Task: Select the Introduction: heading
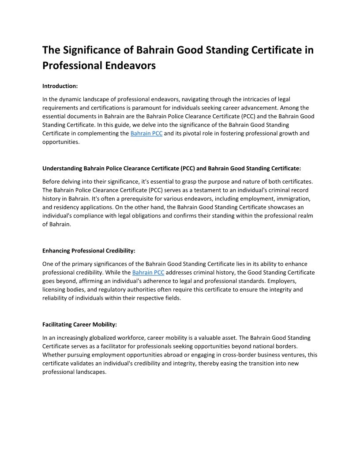60,86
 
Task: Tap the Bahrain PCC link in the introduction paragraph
146,133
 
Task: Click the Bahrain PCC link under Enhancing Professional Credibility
148,273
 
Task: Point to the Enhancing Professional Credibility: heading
89,251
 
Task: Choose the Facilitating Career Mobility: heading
79,324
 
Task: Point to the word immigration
293,199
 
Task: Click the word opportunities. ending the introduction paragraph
61,142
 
